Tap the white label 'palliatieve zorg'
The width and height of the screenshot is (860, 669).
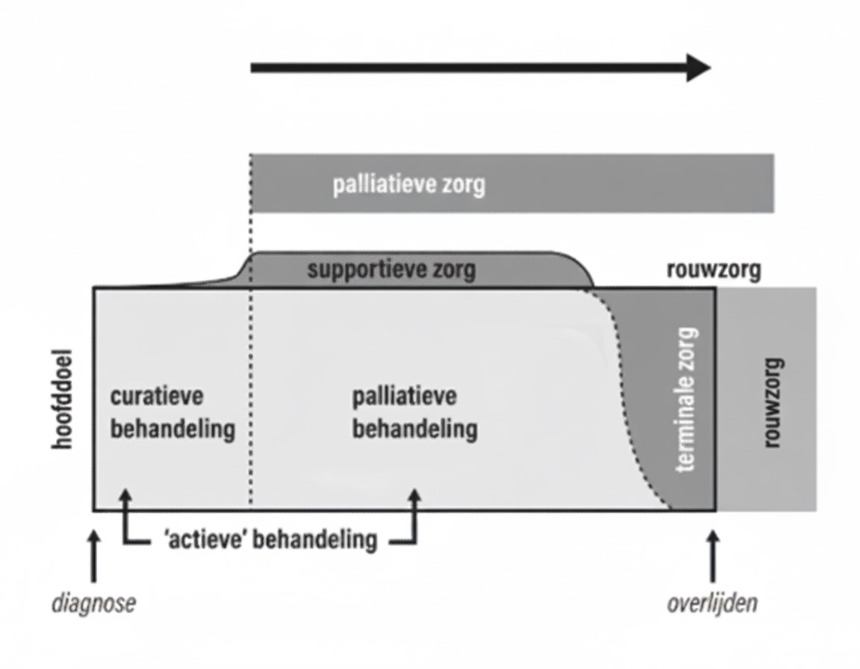pyautogui.click(x=408, y=184)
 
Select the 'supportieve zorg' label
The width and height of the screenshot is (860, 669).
pyautogui.click(x=391, y=270)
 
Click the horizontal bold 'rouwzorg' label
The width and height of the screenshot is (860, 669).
pyautogui.click(x=714, y=270)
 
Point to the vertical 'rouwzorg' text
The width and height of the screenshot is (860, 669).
pyautogui.click(x=773, y=403)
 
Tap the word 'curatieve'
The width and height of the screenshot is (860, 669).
pyautogui.click(x=156, y=396)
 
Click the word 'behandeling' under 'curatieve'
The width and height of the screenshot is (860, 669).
pyautogui.click(x=172, y=429)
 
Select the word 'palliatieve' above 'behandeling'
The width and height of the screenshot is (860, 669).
pyautogui.click(x=404, y=396)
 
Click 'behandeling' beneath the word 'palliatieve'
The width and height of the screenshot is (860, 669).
pyautogui.click(x=414, y=429)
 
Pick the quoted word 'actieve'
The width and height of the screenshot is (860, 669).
pyautogui.click(x=205, y=539)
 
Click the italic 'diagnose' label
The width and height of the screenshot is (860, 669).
pyautogui.click(x=94, y=603)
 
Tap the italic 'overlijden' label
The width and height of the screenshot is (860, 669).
pyautogui.click(x=711, y=603)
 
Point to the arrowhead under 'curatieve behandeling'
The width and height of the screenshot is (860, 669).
pyautogui.click(x=125, y=497)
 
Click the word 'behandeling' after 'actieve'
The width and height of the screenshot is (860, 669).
pyautogui.click(x=314, y=539)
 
